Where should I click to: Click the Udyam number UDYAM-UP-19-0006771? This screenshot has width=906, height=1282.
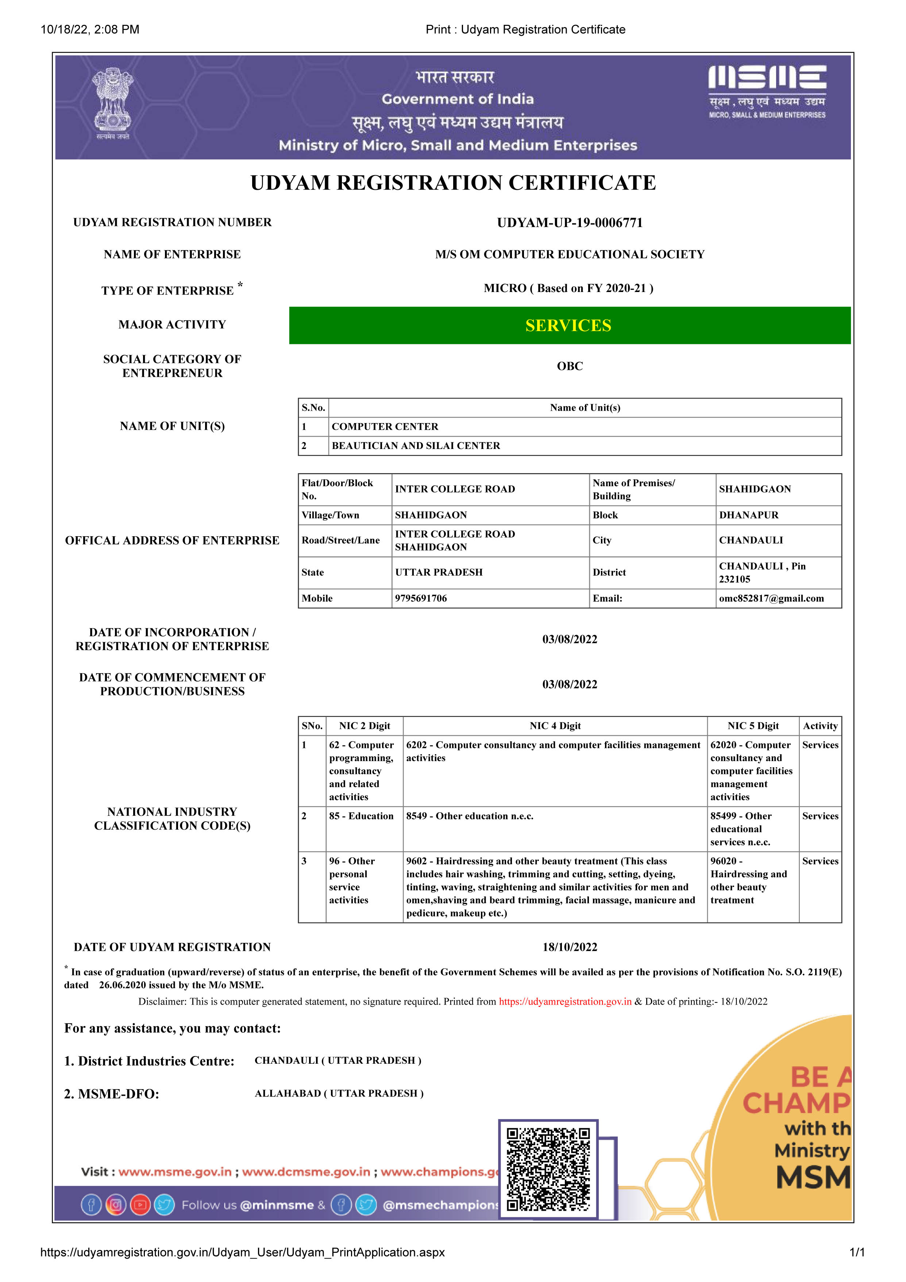(x=569, y=223)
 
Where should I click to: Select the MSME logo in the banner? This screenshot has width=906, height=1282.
(x=767, y=92)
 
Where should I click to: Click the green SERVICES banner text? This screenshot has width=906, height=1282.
(x=568, y=326)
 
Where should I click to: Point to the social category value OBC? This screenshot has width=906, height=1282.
(x=569, y=366)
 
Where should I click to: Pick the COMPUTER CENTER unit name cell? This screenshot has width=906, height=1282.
(x=385, y=427)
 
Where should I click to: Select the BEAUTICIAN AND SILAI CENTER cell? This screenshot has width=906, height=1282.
(x=416, y=446)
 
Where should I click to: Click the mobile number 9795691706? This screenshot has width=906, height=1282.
(x=421, y=599)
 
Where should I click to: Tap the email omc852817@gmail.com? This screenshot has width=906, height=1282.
(x=771, y=599)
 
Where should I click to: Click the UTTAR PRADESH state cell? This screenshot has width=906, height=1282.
(x=439, y=572)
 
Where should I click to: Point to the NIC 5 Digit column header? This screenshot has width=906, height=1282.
(x=752, y=726)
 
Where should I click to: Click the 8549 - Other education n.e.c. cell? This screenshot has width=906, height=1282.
(x=470, y=816)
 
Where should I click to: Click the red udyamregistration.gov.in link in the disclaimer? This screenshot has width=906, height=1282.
(x=565, y=1002)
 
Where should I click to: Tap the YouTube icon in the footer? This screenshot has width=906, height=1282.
(x=140, y=1205)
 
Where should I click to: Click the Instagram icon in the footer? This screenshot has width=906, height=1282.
(x=116, y=1205)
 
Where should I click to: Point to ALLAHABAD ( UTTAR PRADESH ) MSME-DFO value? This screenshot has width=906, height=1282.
(x=339, y=1093)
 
